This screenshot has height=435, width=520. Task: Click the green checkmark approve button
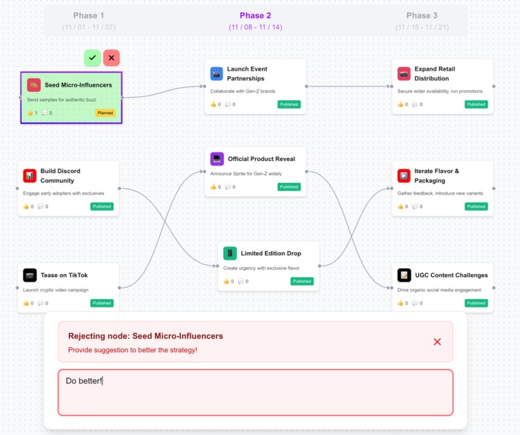93,58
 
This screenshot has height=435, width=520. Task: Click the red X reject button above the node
112,58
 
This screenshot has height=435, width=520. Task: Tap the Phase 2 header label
255,15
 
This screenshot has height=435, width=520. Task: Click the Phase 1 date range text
89,27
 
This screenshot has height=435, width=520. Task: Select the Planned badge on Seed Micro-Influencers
105,113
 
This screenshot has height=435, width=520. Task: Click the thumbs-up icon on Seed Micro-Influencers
30,113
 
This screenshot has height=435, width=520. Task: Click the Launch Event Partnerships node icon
217,74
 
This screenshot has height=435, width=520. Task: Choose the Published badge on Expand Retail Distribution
476,105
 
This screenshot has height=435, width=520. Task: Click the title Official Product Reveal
261,159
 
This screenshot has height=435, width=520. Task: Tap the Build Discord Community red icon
30,176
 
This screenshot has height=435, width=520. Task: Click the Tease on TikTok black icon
30,275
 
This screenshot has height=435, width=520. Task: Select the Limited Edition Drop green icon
230,254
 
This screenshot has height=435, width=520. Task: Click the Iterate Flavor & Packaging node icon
404,176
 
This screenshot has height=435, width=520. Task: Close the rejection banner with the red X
436,342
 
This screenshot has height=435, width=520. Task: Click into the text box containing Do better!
255,392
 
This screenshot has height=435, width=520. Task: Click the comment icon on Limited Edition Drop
241,282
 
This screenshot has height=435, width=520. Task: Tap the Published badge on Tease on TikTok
102,303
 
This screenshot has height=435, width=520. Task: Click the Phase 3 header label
421,15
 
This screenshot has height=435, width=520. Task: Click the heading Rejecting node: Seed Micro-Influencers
146,336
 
